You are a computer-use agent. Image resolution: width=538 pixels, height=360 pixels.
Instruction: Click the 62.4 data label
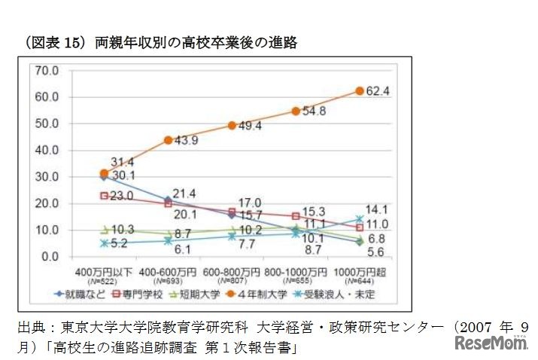[378, 92]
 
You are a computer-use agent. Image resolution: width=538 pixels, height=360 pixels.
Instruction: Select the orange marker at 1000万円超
[360, 91]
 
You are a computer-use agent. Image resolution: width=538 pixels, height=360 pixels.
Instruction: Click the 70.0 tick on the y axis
[47, 70]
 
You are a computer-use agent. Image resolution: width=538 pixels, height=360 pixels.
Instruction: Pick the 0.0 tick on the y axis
[50, 257]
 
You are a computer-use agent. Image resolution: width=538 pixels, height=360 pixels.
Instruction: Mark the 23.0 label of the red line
[120, 196]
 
